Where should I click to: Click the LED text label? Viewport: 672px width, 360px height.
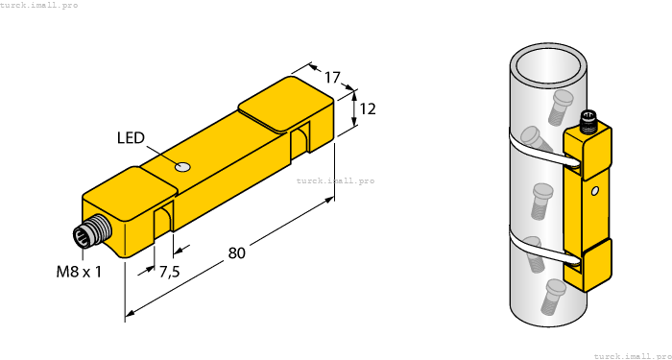[132, 138]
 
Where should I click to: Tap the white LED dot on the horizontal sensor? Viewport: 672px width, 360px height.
[183, 168]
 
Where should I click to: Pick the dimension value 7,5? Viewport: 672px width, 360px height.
[169, 273]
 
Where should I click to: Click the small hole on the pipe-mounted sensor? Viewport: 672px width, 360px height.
[595, 192]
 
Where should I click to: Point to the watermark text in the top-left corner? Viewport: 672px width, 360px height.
[39, 5]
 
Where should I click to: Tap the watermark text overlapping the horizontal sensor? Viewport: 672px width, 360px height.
[335, 180]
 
